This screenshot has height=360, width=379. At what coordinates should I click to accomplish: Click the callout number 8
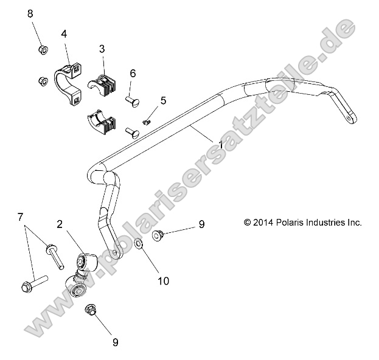click(x=30, y=13)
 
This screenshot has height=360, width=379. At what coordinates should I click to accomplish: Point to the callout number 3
click(x=102, y=48)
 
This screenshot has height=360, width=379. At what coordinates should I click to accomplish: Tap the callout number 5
click(x=162, y=100)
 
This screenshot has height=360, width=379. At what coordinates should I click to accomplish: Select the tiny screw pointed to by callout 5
click(x=146, y=122)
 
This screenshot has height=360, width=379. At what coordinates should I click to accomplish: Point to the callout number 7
click(x=21, y=216)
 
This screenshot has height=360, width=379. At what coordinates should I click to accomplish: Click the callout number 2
click(x=60, y=224)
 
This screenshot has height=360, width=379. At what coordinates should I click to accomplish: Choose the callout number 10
click(x=162, y=281)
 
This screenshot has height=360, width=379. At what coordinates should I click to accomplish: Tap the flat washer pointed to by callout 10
click(x=138, y=245)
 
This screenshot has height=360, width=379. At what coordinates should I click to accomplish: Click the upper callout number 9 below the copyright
click(x=201, y=224)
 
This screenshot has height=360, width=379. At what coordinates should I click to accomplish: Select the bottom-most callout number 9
click(x=115, y=342)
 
